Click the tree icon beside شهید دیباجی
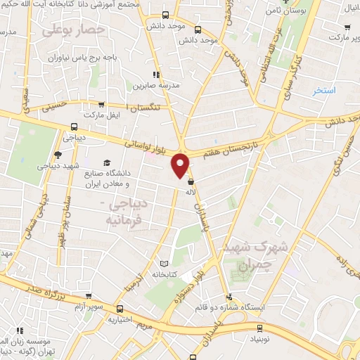(x=58, y=155)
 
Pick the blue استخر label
(x=324, y=91)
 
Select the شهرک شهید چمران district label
(x=261, y=258)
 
